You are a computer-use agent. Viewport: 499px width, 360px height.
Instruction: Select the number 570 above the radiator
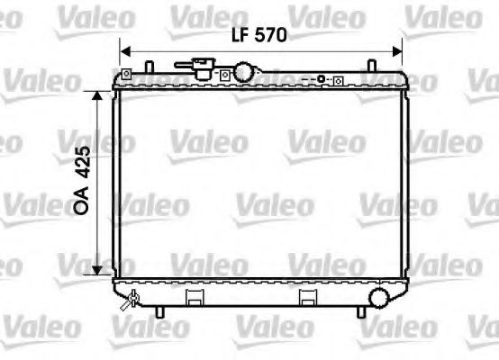coord(270,37)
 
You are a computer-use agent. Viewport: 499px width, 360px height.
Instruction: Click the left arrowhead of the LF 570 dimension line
coord(125,51)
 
